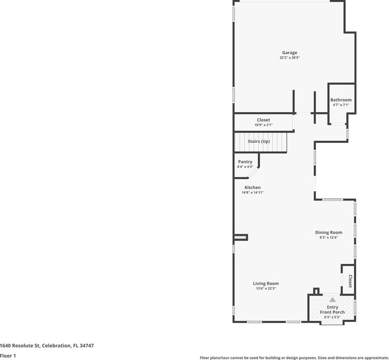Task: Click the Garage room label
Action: pos(289,53)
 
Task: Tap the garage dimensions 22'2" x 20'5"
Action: pos(289,58)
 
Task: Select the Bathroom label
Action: pos(341,100)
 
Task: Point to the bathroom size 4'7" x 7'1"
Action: pos(341,105)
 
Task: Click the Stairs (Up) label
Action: pos(259,141)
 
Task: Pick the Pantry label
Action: pos(245,162)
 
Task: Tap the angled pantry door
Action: pos(253,173)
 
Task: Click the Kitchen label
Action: pos(252,187)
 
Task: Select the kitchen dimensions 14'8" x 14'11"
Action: pos(252,193)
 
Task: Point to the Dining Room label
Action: pos(328,233)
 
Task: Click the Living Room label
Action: pos(266,283)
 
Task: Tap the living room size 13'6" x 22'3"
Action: pos(266,289)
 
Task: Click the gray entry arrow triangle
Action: pos(333,300)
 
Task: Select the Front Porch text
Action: pos(332,312)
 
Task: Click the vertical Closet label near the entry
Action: pos(350,281)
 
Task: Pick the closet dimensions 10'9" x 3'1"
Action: pos(264,125)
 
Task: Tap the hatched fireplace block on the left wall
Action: pos(241,238)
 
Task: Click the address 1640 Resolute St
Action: pos(20,346)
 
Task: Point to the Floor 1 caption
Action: pos(8,356)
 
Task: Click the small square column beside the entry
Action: pos(316,291)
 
